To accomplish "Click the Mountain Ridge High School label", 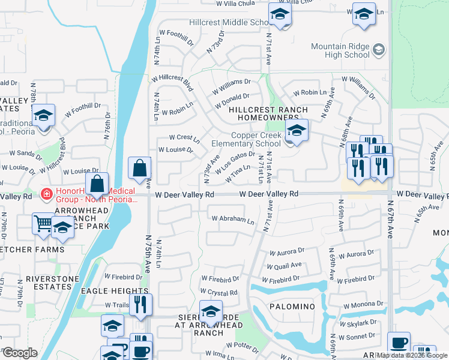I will click(340, 50).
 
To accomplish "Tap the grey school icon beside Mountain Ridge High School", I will click(378, 50).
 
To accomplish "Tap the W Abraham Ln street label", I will click(233, 220).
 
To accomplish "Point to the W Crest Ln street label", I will click(184, 138).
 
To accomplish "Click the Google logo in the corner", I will click(19, 353).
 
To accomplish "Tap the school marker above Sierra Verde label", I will click(210, 311).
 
